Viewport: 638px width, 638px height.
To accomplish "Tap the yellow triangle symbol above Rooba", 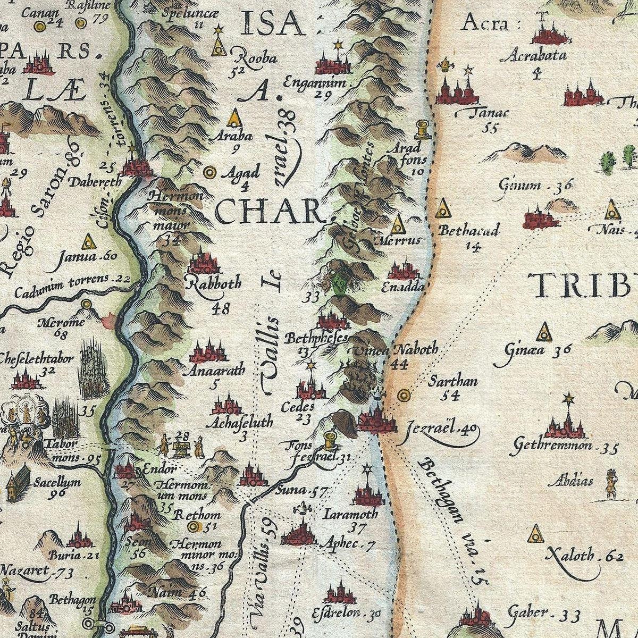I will tap(217, 46).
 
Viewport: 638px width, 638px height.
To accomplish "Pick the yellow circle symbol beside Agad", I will tap(209, 172).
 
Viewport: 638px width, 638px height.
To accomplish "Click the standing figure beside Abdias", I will tap(611, 484).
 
